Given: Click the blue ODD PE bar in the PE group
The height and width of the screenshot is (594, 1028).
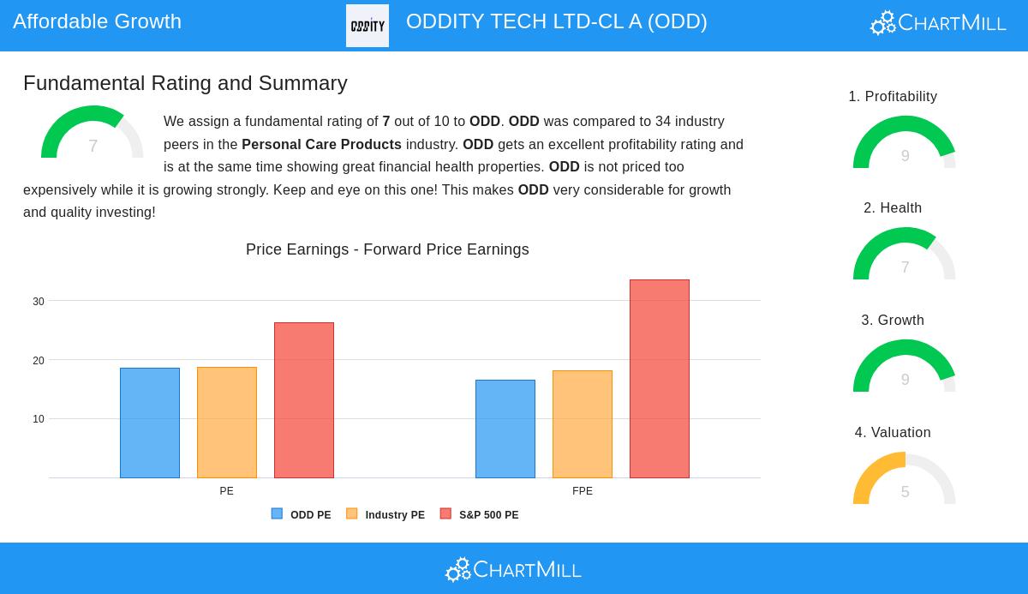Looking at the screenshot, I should (x=150, y=423).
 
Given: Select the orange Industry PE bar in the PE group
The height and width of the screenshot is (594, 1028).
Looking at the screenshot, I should (x=227, y=423).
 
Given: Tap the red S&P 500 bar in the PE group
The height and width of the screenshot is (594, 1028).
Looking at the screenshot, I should (x=304, y=400).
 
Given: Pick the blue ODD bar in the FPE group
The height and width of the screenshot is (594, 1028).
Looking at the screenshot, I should (x=505, y=429).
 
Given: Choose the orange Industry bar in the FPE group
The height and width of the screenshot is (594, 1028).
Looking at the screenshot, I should (x=583, y=424).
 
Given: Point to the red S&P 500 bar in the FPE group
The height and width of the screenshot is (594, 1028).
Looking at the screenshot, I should (x=660, y=379).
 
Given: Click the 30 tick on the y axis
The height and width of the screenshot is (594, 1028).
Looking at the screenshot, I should (x=39, y=302).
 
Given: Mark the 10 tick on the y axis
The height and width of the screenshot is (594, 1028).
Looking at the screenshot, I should (x=39, y=419).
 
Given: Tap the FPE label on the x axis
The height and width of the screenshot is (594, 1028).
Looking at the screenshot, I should (x=583, y=491).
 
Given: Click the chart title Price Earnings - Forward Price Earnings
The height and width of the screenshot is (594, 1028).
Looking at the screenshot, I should (x=387, y=249).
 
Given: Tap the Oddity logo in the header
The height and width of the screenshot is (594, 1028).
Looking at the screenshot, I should (x=368, y=26).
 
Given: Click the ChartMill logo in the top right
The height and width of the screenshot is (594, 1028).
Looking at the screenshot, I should (x=938, y=23).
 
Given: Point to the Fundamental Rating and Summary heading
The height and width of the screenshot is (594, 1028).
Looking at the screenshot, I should (x=185, y=83).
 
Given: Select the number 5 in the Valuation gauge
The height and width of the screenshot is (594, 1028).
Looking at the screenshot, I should (x=905, y=492).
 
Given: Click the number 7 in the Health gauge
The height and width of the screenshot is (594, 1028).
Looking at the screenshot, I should (x=905, y=267).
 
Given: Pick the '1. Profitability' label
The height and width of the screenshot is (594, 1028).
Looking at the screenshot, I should (x=893, y=97).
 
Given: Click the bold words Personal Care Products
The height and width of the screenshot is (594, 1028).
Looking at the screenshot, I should (x=321, y=144).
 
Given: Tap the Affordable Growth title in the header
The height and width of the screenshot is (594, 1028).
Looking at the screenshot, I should (x=97, y=21).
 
